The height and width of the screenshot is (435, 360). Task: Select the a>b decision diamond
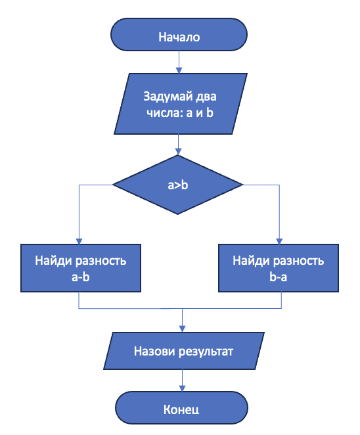tap(178, 185)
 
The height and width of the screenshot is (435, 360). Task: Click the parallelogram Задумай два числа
tap(179, 104)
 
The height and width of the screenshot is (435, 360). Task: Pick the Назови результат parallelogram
tap(183, 350)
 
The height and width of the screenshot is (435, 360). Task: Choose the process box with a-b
tap(80, 268)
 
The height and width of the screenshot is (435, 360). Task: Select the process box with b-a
tap(279, 268)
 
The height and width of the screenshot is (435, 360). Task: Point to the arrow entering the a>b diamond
tap(179, 146)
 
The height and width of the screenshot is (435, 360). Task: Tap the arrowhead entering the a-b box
tap(79, 241)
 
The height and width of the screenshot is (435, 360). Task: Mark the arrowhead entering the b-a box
tap(279, 241)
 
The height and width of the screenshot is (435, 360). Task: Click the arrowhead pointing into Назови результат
tap(183, 328)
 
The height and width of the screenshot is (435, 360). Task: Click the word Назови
tap(154, 350)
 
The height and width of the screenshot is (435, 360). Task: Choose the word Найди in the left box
tap(52, 261)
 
